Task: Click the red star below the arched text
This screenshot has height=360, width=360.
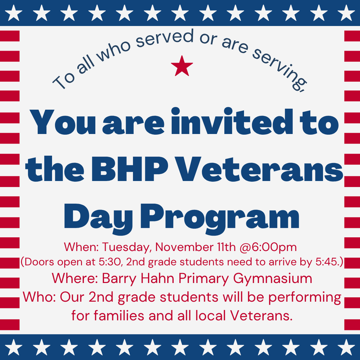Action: point(182,66)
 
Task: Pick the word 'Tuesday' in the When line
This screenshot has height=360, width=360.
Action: point(127,247)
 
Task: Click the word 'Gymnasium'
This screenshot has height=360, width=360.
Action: point(273,279)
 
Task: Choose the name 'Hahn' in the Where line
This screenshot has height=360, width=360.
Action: point(158,279)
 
